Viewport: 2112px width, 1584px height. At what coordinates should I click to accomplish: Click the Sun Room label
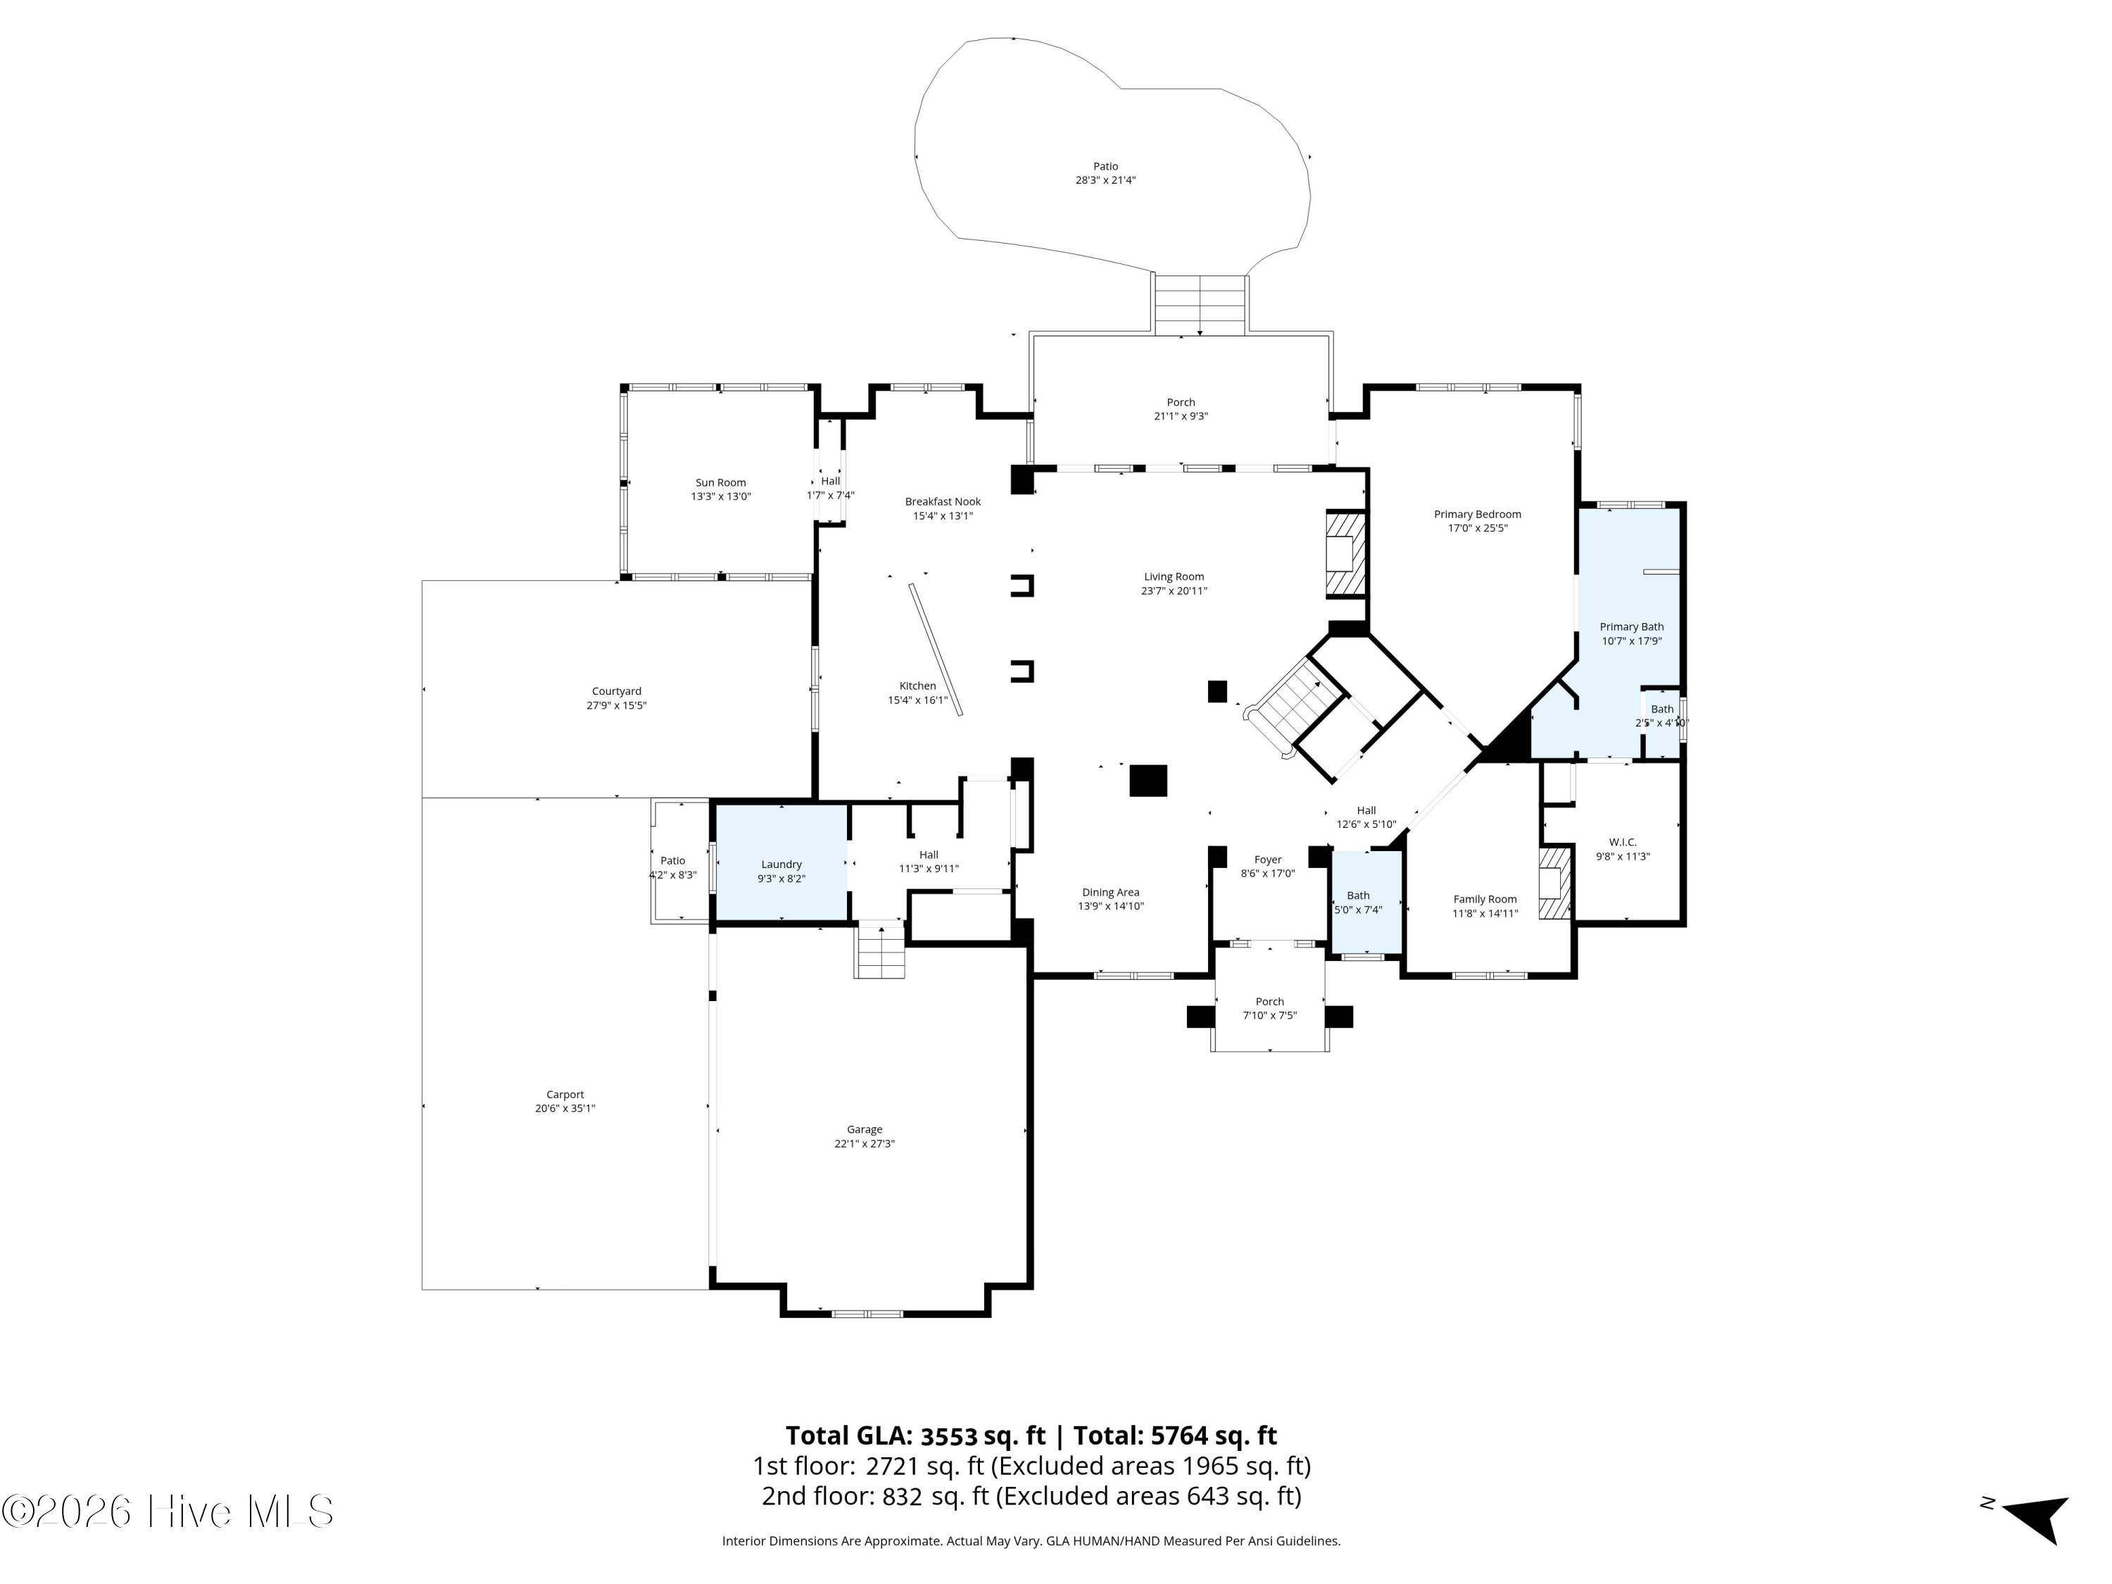(721, 483)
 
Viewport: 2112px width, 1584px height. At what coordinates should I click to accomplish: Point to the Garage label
(865, 1129)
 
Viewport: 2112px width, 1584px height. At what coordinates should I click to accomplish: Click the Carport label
(565, 1095)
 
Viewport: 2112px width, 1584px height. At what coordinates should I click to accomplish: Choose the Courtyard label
(617, 691)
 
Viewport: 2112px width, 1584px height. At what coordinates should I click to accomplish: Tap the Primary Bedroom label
(1477, 515)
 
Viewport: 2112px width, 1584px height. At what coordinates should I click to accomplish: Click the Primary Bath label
(1632, 627)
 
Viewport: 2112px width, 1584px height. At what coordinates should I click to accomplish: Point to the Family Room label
(1485, 900)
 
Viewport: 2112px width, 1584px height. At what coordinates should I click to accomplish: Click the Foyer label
(1268, 860)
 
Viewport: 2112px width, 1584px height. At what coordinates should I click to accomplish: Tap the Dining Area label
(1110, 893)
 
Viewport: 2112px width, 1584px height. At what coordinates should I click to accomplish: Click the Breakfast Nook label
(943, 502)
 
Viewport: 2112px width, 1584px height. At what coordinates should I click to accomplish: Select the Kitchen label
(917, 686)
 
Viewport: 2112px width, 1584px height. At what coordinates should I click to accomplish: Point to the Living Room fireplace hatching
(1346, 555)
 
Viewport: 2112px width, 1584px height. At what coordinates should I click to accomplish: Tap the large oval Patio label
(1106, 167)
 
